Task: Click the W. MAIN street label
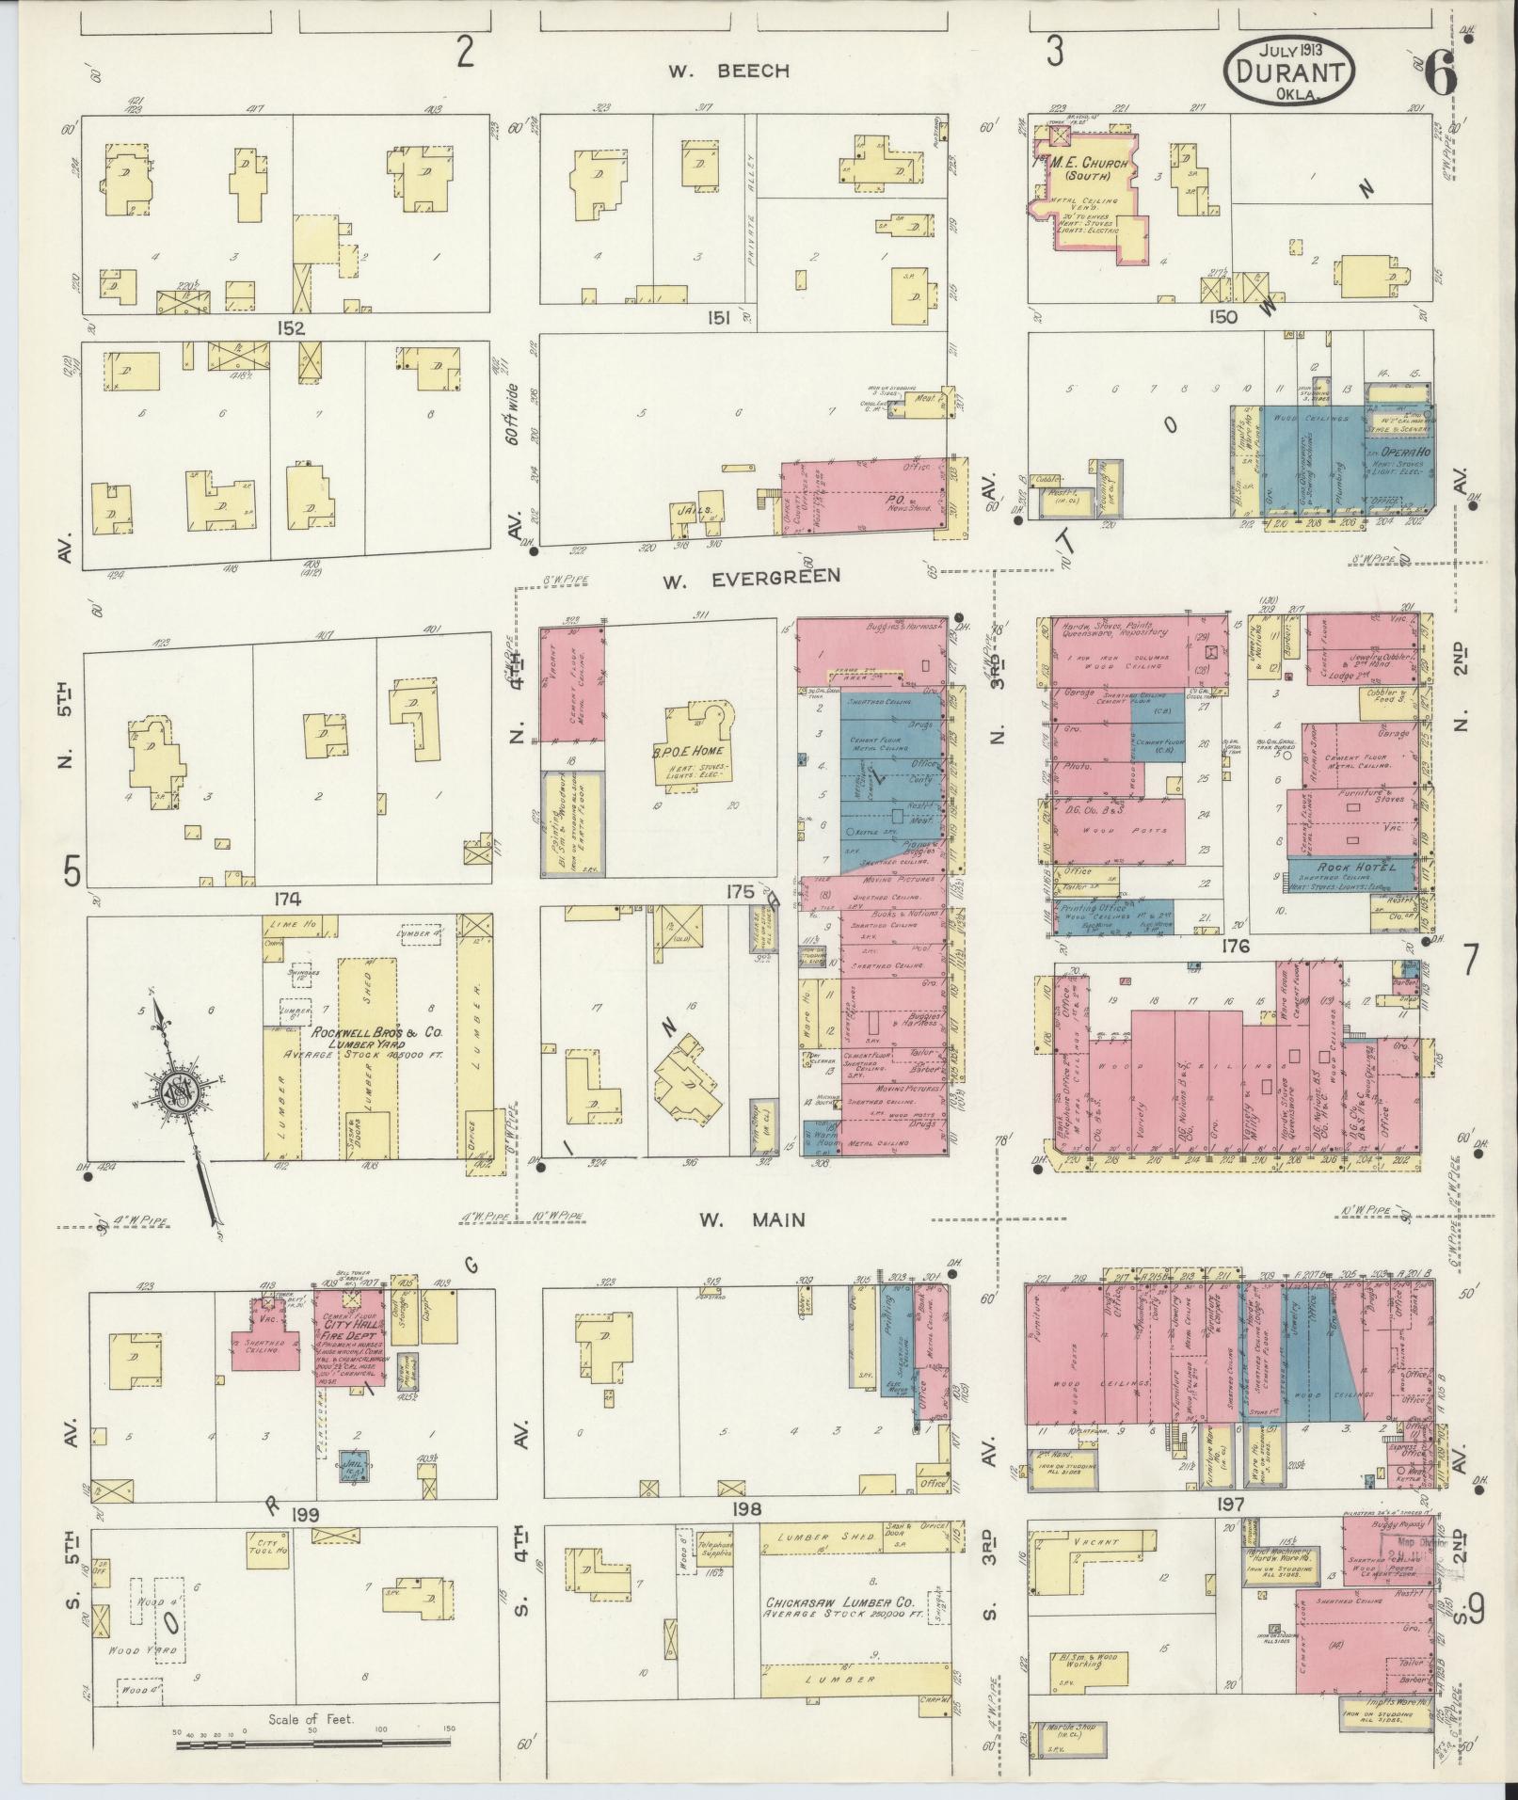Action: (x=752, y=1219)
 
